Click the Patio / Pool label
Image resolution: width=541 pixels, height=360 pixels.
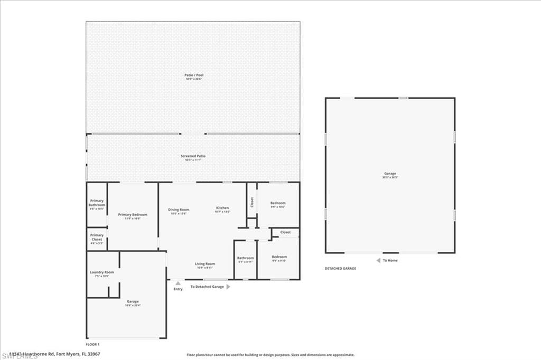click(193, 75)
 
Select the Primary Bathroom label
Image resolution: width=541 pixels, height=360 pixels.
click(97, 203)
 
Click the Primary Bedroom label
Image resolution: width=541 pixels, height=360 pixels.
click(133, 214)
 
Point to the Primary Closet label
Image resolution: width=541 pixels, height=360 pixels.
click(97, 237)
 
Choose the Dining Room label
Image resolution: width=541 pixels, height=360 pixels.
click(179, 210)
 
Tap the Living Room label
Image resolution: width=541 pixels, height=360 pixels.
click(205, 263)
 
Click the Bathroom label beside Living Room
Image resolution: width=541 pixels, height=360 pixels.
click(246, 258)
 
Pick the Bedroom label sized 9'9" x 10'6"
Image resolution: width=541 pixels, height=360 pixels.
click(278, 203)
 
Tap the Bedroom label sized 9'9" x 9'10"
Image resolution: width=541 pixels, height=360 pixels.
click(279, 257)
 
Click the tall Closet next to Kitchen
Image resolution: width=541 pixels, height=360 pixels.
click(252, 202)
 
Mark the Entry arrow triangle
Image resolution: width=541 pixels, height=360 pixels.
click(178, 283)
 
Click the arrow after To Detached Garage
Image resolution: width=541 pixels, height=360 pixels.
click(228, 287)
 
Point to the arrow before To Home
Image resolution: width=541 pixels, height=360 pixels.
click(378, 260)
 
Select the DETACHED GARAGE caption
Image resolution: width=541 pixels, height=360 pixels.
click(340, 268)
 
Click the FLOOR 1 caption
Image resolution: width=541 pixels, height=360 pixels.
click(92, 344)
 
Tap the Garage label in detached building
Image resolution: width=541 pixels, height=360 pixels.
click(390, 174)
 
